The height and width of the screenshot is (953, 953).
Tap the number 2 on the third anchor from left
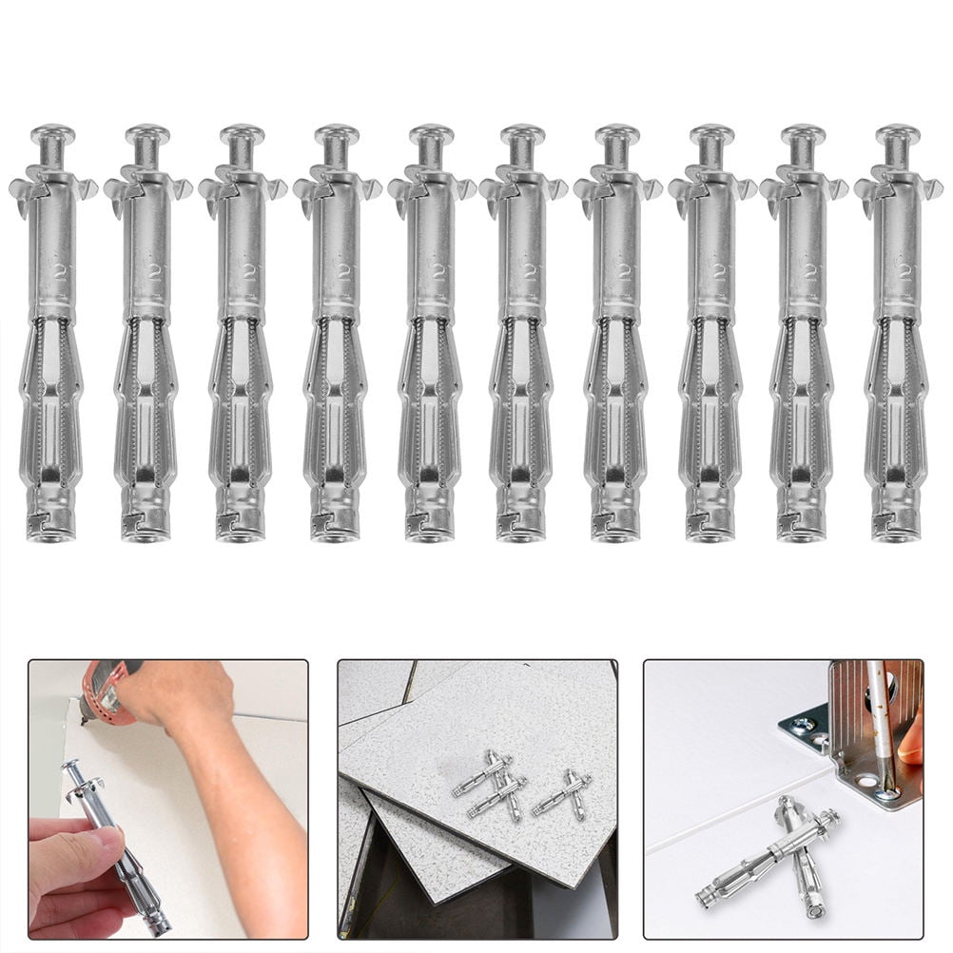(249, 271)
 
